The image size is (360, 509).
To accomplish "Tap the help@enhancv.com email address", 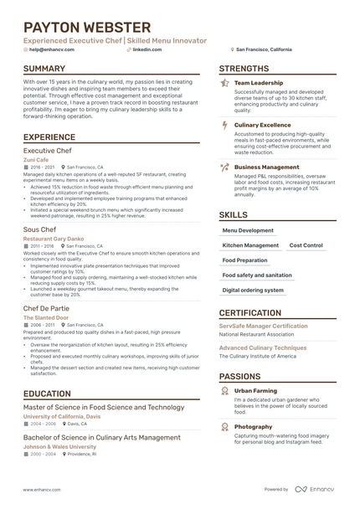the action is [51, 49].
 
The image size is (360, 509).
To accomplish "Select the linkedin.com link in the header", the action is [147, 49].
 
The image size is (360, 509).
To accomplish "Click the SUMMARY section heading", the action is [52, 69].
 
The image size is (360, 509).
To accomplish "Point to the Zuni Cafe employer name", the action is [36, 160].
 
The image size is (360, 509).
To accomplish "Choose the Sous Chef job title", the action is [39, 229].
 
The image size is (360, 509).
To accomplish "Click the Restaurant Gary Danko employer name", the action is [53, 239].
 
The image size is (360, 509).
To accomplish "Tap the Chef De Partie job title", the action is [47, 308].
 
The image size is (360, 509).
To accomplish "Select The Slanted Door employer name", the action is [46, 318].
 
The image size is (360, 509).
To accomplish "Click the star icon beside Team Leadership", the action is [224, 84].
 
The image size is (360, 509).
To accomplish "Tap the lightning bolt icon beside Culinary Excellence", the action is [224, 125].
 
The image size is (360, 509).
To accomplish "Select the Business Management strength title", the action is [267, 167].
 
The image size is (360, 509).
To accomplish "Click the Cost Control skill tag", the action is [306, 245].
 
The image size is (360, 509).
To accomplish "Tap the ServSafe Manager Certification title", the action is [263, 326].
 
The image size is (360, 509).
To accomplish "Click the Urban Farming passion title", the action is [255, 391].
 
